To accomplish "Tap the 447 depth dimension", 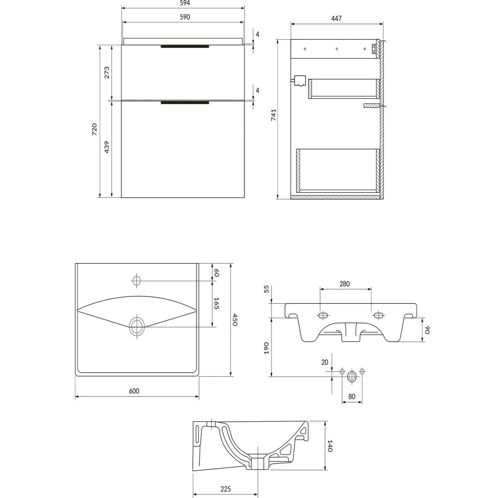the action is click(x=337, y=19).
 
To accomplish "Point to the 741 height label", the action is click(x=274, y=115).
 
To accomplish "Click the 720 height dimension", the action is click(x=94, y=129).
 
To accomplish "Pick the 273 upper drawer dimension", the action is click(x=107, y=72).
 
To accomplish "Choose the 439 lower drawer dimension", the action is click(x=107, y=147).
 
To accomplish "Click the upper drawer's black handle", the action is click(x=185, y=47).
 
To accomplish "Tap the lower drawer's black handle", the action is click(x=185, y=103).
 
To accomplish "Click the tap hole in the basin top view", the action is click(x=137, y=281).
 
